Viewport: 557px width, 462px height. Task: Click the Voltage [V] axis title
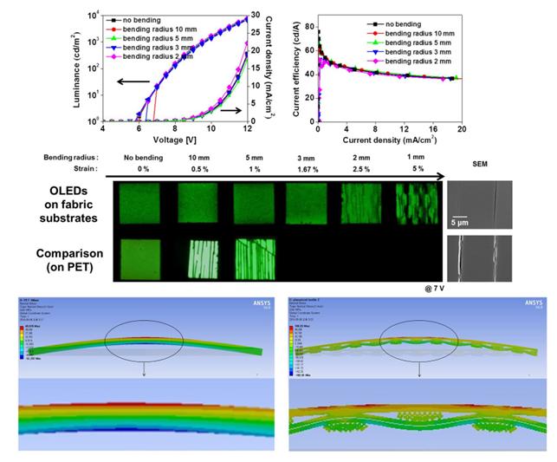[x=174, y=137]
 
